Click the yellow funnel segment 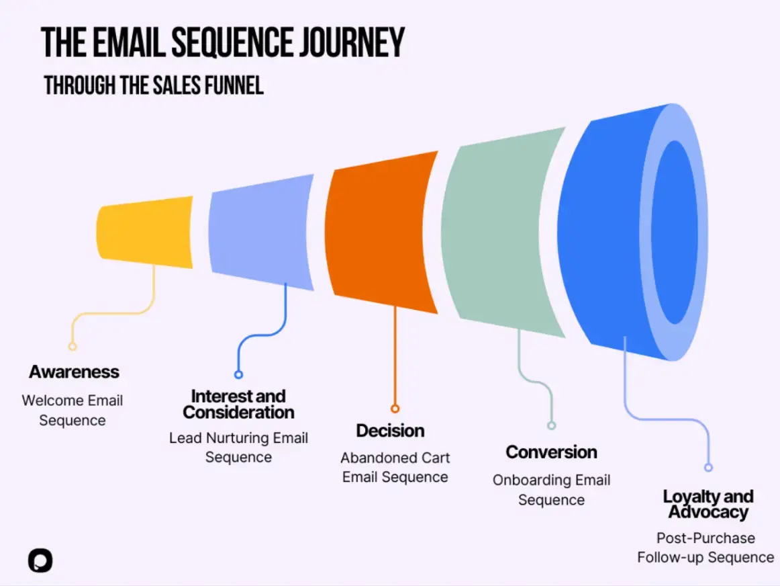click(145, 230)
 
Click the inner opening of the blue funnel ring click(675, 232)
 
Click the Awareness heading click(74, 372)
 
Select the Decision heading click(390, 430)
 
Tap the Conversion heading click(551, 452)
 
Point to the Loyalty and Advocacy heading click(708, 504)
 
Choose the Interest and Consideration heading click(238, 404)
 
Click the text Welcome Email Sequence click(72, 410)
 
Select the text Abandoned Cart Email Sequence click(395, 467)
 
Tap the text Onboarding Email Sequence click(551, 490)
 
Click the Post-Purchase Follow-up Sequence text click(705, 548)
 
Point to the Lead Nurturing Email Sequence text click(238, 448)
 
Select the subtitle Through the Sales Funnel click(154, 85)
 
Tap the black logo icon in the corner click(40, 560)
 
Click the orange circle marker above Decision click(395, 409)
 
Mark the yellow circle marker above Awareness click(72, 347)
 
